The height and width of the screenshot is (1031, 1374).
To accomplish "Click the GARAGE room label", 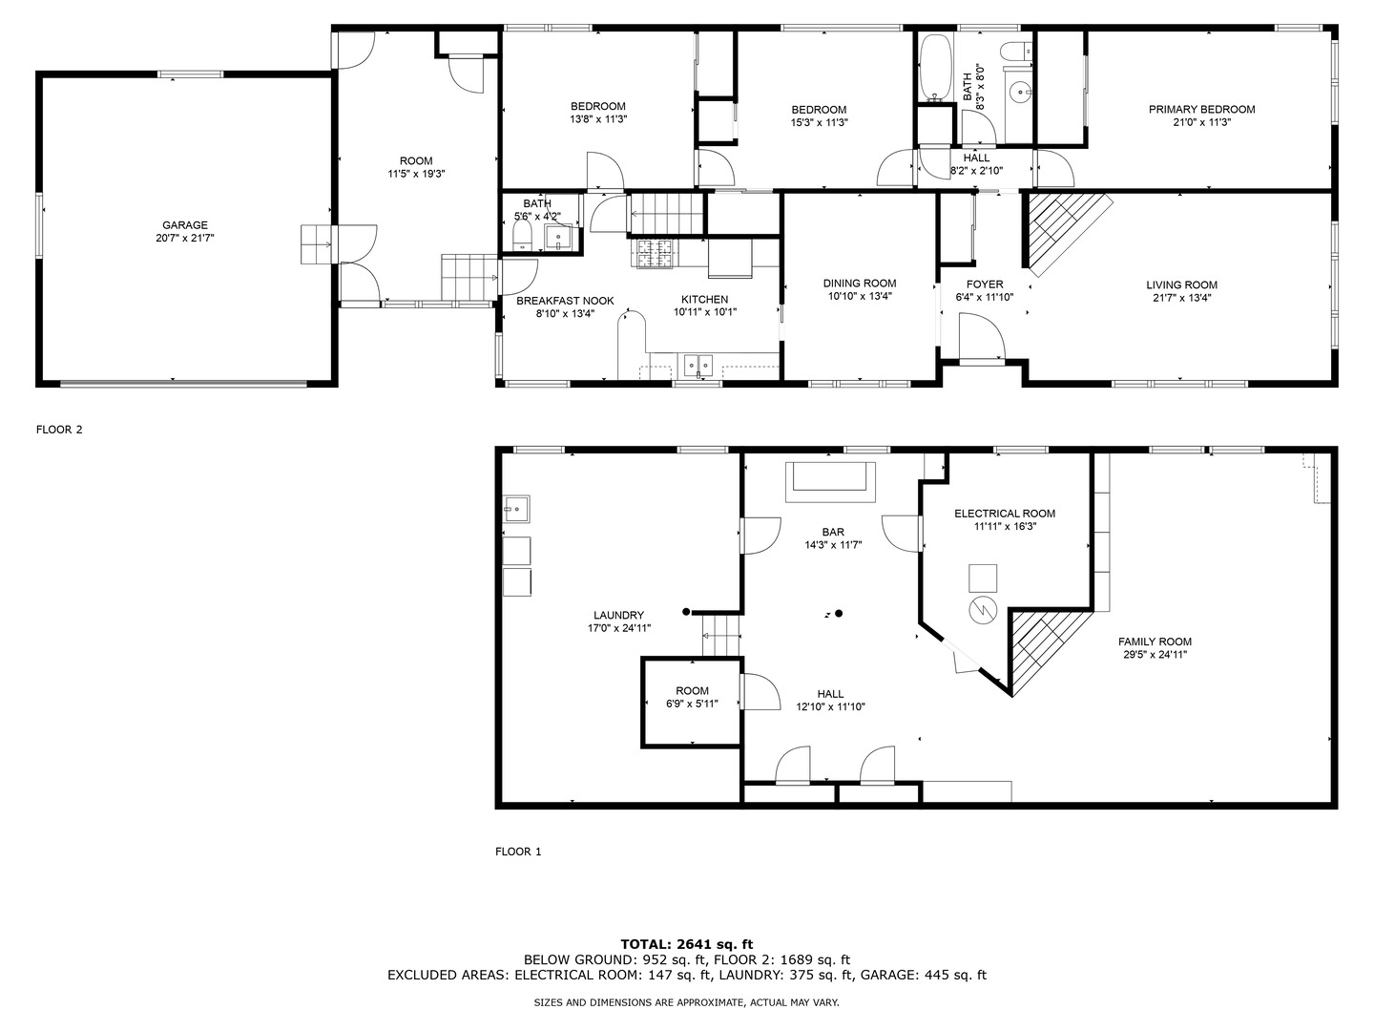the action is (185, 224).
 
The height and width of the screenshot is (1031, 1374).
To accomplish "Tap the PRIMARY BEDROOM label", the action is (1201, 110).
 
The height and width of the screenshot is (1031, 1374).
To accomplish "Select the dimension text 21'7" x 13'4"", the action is (1182, 298).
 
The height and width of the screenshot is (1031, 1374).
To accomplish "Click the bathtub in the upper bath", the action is (936, 68).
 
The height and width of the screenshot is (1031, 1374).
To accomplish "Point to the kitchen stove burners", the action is (655, 254).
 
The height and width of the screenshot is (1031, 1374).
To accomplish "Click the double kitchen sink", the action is (697, 365).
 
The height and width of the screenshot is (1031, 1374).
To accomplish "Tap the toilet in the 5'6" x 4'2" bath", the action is (522, 238).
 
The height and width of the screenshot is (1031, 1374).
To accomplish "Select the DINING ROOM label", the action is (860, 284).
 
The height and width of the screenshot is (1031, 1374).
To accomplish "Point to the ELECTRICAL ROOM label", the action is (1005, 514).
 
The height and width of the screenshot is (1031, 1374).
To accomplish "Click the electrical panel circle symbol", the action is (982, 609).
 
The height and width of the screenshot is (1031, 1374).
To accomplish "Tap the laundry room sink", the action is (517, 509).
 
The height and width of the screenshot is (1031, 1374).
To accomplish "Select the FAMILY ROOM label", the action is (1155, 642).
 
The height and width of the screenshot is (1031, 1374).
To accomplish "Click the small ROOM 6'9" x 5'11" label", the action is (693, 691).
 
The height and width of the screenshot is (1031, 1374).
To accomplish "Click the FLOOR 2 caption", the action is (59, 430).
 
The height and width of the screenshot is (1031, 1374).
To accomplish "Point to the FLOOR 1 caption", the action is (518, 852).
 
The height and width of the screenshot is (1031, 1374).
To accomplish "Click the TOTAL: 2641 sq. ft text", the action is (687, 944).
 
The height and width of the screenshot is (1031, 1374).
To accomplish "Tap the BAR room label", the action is (833, 533).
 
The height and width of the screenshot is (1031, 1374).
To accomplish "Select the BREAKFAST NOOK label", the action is (565, 301).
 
